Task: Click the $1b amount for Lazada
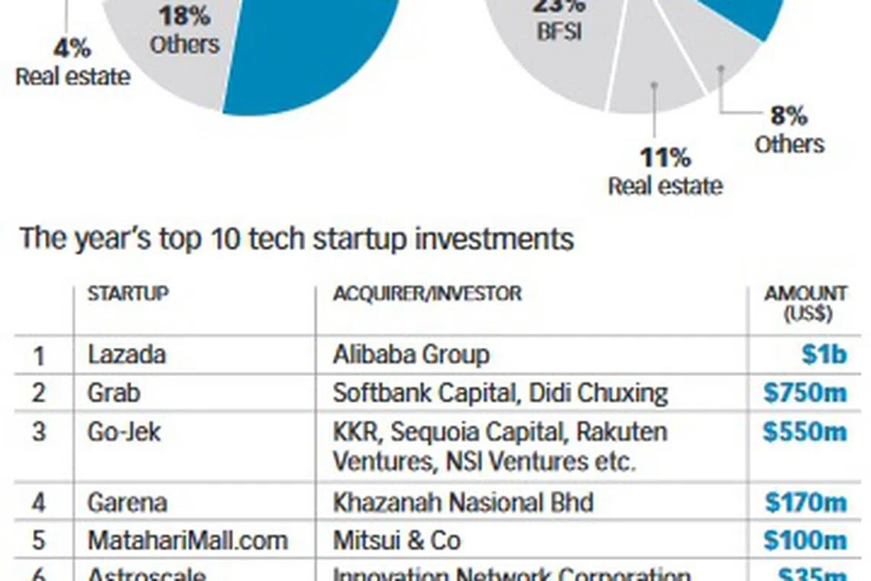coord(824,355)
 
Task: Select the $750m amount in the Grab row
coord(805,393)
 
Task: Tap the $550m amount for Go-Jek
coord(805,432)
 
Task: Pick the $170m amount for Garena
coord(806,502)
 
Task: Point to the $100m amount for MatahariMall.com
coord(806,540)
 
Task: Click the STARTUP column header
coord(128,294)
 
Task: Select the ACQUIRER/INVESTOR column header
coord(427,294)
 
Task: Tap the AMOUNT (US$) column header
coord(806,303)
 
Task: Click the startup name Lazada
coord(127,355)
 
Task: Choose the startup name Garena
coord(128,502)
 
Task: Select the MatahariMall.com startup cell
coord(187,540)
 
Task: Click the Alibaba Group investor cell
coord(411,355)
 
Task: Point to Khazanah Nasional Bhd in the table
coord(463,502)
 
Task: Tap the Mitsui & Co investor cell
coord(397,540)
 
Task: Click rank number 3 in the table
coord(39,432)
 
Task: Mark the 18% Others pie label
coord(185,31)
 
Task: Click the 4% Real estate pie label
coord(73,63)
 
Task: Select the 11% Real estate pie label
coord(665,172)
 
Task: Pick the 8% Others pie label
coord(789,130)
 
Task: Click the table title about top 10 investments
coord(296,239)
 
